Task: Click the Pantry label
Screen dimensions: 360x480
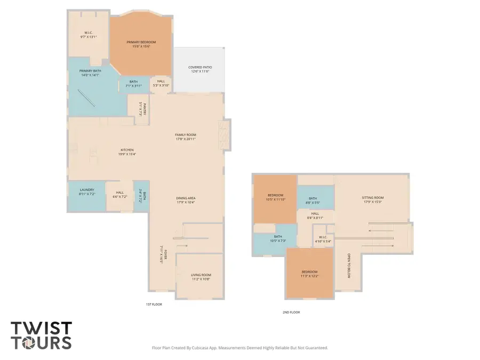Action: tap(142, 109)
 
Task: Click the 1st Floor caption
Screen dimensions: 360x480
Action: tap(154, 304)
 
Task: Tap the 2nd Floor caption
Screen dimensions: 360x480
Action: tap(291, 313)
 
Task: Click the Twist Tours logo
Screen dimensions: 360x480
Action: tap(41, 335)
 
